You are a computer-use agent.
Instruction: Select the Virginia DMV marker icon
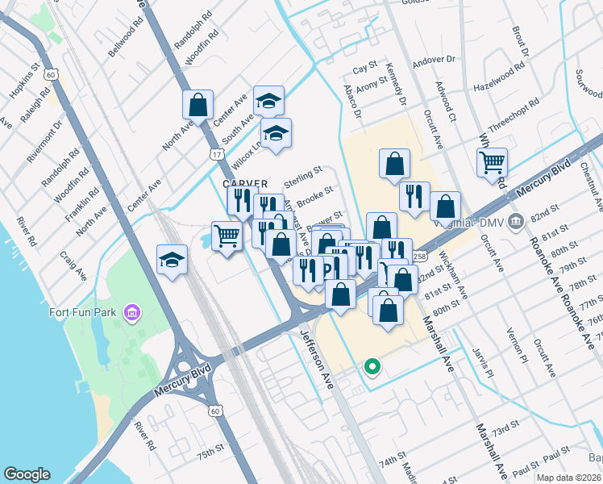point(518,220)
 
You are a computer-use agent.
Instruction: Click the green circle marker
point(372,367)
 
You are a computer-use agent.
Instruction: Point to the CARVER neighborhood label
point(245,185)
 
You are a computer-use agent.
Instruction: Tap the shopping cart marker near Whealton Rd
point(492,162)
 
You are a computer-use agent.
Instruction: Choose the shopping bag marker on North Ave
point(198,104)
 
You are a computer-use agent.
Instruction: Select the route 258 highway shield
point(420,256)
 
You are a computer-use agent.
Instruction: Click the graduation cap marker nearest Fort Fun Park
point(172,259)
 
